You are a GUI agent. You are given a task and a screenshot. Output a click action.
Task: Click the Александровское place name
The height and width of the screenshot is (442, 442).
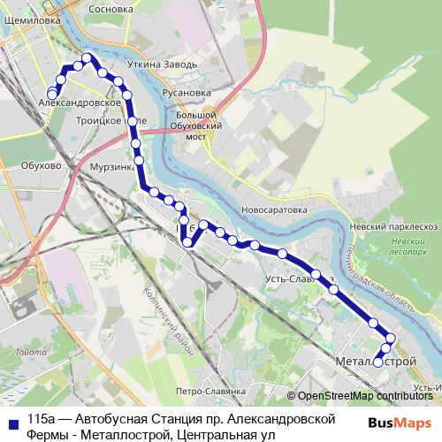pos(80,103)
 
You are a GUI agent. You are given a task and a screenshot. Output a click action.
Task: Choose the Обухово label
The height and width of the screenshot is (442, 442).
pos(41,165)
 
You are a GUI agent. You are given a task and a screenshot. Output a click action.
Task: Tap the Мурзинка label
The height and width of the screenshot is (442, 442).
pos(110,166)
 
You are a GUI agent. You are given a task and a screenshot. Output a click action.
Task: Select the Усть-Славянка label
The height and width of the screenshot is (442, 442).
pos(298,279)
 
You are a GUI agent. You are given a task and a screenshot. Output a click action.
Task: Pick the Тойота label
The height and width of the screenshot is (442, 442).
pos(30,353)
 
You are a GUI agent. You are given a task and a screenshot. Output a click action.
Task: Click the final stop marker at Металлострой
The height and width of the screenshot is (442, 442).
pos(378,362)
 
